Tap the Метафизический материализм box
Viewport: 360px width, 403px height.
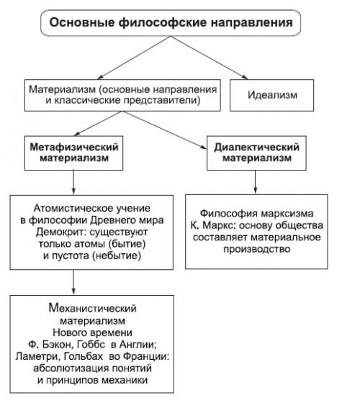[73, 150]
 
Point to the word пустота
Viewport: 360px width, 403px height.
[74, 255]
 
